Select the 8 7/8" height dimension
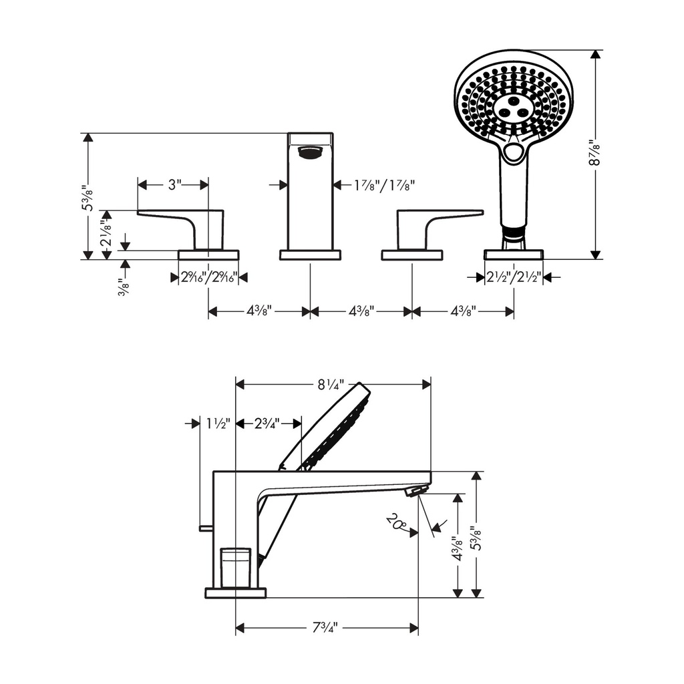[x=594, y=152]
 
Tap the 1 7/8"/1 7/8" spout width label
[x=384, y=186]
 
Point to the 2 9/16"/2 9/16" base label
[x=209, y=277]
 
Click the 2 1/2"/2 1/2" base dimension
[x=514, y=277]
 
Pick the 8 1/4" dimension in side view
[x=331, y=384]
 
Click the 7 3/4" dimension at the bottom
[x=325, y=628]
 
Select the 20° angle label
[x=395, y=522]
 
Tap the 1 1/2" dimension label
[x=218, y=423]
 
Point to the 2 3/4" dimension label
[x=267, y=423]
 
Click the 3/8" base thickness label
[x=124, y=287]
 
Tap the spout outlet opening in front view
[x=310, y=153]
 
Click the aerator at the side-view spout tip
[x=416, y=490]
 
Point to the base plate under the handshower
[x=514, y=254]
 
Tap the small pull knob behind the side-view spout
[x=206, y=528]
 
